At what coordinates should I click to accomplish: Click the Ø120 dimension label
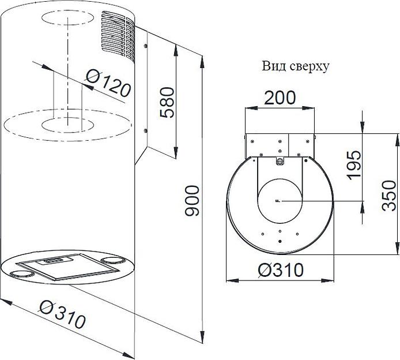(x=108, y=83)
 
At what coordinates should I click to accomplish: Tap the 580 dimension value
(x=167, y=102)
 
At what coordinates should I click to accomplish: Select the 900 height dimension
(x=192, y=201)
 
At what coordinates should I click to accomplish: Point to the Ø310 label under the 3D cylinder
(x=63, y=314)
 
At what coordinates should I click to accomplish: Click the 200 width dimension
(x=280, y=97)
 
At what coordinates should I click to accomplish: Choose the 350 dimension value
(x=389, y=196)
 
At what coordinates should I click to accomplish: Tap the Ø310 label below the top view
(x=281, y=269)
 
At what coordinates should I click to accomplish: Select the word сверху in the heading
(x=310, y=67)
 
